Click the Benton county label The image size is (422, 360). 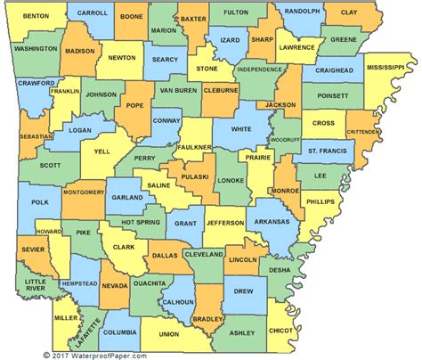[36, 16]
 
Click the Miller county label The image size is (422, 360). [64, 317]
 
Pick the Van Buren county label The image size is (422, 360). [179, 90]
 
